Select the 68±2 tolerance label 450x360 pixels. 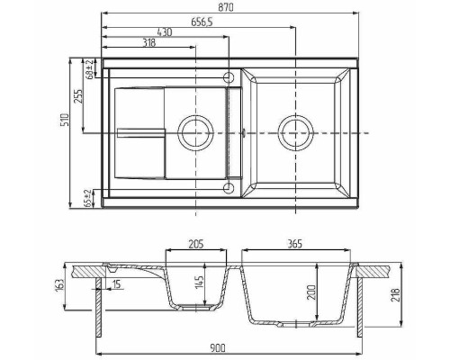pyautogui.click(x=88, y=70)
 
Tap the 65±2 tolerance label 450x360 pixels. pyautogui.click(x=88, y=198)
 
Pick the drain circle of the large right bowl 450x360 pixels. pyautogui.click(x=295, y=132)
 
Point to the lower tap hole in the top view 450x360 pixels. pyautogui.click(x=229, y=188)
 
